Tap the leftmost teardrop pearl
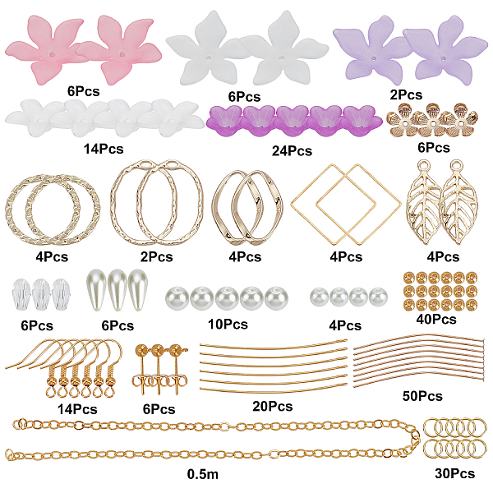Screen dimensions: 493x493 click(95, 288)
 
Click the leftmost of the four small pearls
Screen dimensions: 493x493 click(317, 297)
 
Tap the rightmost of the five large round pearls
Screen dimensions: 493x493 click(274, 297)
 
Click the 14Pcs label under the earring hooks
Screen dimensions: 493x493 click(77, 408)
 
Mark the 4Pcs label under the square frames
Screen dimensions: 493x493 click(346, 257)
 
